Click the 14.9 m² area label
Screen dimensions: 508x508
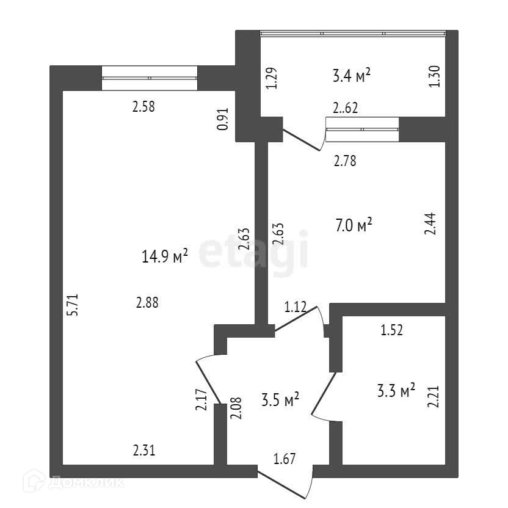[164, 256]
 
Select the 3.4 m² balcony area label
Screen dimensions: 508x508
[352, 76]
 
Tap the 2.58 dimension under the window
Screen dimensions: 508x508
[144, 107]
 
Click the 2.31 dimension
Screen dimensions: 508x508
[144, 451]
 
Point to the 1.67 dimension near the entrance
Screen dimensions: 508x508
[285, 459]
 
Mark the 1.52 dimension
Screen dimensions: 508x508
[392, 331]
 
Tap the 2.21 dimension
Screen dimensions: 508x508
[434, 394]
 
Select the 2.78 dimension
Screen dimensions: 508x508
[345, 162]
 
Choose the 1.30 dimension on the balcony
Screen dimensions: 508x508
[435, 77]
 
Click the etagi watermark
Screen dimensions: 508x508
[253, 252]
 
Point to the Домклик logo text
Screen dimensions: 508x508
[85, 482]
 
